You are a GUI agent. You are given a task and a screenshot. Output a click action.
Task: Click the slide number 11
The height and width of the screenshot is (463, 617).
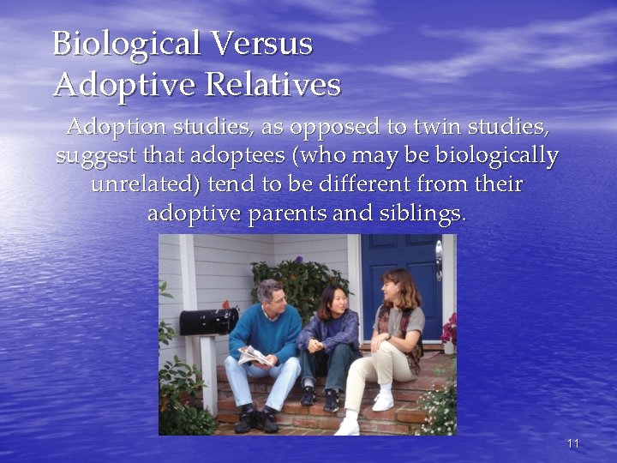point(573,443)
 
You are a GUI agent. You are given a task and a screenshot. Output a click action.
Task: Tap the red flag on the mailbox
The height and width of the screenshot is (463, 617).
point(226,304)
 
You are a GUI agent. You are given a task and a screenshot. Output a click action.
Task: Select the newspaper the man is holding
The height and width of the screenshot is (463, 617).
point(256,357)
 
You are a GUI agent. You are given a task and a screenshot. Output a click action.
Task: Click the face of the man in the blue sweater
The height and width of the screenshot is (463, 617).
point(271,297)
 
